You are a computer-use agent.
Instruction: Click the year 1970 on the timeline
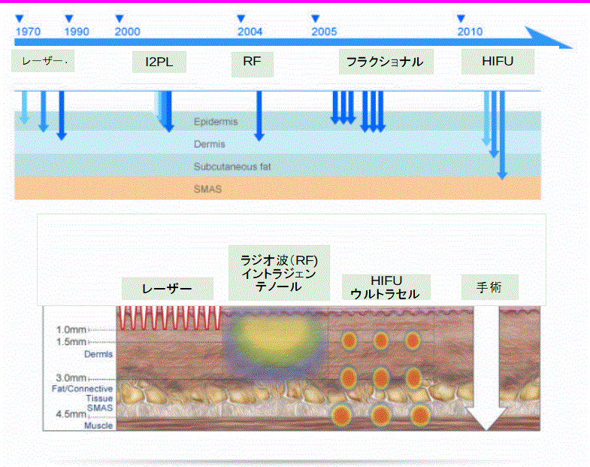29,32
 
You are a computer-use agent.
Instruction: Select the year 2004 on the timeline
250,32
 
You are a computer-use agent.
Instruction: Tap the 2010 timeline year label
470,32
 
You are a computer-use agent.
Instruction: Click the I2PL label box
159,62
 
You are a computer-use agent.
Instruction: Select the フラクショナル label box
386,62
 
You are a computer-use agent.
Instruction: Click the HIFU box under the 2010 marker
498,62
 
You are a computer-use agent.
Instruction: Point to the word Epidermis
216,122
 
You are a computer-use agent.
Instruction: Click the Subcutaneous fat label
232,166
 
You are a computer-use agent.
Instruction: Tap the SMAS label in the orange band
207,189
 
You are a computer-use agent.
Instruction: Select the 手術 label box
490,287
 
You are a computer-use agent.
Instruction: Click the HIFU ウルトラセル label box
386,287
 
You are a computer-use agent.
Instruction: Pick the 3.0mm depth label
71,378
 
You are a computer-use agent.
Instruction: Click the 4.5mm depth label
71,414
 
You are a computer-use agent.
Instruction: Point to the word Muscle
98,426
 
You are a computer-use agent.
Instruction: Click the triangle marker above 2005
316,19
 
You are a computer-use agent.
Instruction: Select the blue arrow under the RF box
259,116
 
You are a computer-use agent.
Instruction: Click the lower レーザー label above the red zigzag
168,289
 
